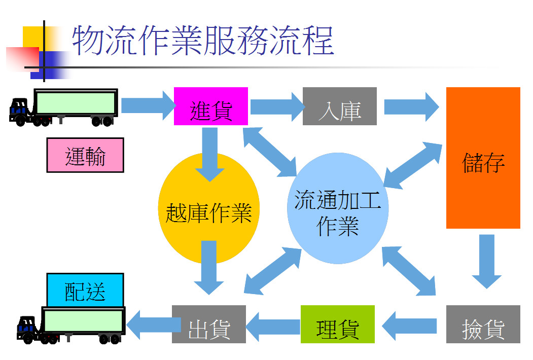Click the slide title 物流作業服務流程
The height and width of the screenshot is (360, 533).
pos(203,41)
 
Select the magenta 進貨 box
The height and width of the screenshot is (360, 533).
pos(210,106)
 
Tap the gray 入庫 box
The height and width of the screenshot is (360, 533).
pos(339,106)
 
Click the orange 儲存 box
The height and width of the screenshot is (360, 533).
pos(483,158)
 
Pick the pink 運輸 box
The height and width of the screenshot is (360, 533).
pos(85,155)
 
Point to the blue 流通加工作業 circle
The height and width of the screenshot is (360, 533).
pos(338,208)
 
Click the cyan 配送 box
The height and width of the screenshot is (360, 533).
pos(85,290)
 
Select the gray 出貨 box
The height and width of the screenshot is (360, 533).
pos(208,324)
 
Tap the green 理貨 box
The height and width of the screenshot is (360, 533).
pos(337,324)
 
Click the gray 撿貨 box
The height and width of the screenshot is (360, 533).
pos(483,324)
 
